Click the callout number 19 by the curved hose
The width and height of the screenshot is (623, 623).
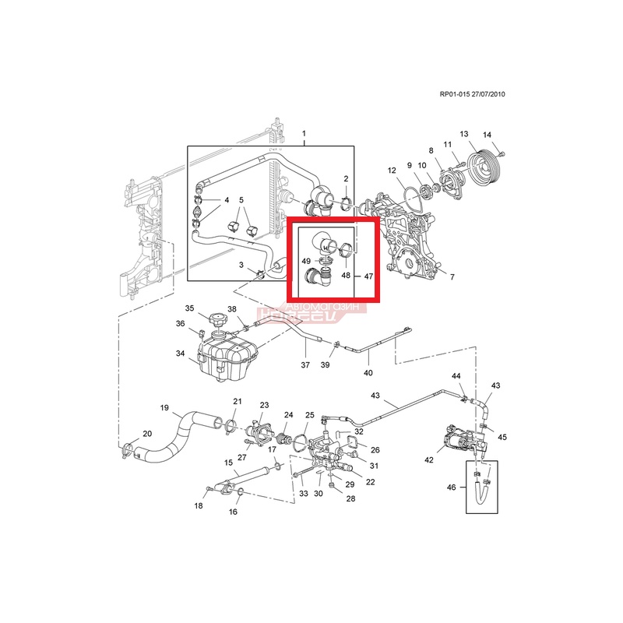coord(165,407)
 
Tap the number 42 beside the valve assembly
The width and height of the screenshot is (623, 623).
coord(428,460)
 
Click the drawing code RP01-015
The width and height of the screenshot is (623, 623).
coord(455,94)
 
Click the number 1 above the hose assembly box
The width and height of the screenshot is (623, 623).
coord(304,134)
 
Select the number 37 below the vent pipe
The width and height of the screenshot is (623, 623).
coord(304,365)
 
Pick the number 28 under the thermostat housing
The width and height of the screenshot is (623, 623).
coord(350,499)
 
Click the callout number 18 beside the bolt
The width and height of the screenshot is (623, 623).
coord(198,506)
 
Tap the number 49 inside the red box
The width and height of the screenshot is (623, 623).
coord(307,261)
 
